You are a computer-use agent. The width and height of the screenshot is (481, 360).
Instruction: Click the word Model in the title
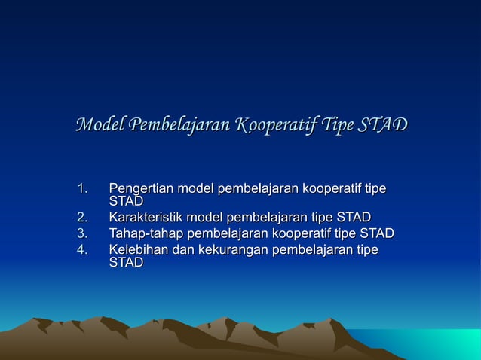point(100,124)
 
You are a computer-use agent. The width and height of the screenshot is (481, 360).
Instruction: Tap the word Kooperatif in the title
point(274,124)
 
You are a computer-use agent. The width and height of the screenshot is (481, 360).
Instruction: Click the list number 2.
point(83,218)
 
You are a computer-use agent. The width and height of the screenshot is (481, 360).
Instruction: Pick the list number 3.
point(83,234)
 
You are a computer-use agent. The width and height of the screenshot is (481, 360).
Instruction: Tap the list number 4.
point(83,249)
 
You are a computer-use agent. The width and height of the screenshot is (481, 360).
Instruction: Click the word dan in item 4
point(184,249)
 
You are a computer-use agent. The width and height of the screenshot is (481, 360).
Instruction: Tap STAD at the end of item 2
point(354,218)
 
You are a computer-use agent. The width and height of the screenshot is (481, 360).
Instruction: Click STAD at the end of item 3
point(377,234)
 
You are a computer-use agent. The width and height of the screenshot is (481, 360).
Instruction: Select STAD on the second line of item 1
point(126,201)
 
